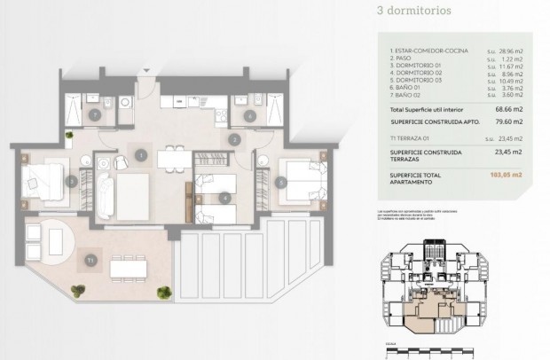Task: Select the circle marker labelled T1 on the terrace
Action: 90,260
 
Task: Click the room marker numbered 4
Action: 224,197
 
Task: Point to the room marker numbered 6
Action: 249,114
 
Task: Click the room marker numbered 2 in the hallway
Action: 234,139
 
